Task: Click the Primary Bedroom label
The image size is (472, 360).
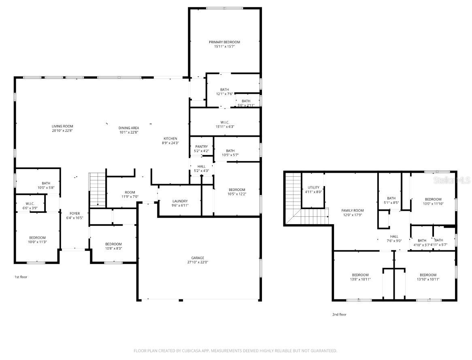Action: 224,42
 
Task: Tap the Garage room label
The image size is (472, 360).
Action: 198,258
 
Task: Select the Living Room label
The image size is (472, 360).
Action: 62,126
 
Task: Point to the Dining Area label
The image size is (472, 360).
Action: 129,128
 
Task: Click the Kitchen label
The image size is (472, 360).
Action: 170,138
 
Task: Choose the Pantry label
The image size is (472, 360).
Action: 201,146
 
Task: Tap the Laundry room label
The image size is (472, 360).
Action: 179,201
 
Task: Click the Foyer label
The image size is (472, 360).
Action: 75,213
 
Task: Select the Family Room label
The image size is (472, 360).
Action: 353,210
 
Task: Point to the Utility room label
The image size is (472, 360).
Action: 313,187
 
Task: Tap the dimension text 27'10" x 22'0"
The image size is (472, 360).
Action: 198,262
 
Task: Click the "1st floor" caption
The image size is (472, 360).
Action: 21,277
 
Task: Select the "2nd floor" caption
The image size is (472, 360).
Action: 339,314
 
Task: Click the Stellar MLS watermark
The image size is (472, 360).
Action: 452,180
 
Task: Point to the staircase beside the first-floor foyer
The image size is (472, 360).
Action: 97,189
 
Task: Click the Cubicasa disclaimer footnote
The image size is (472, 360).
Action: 235,350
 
